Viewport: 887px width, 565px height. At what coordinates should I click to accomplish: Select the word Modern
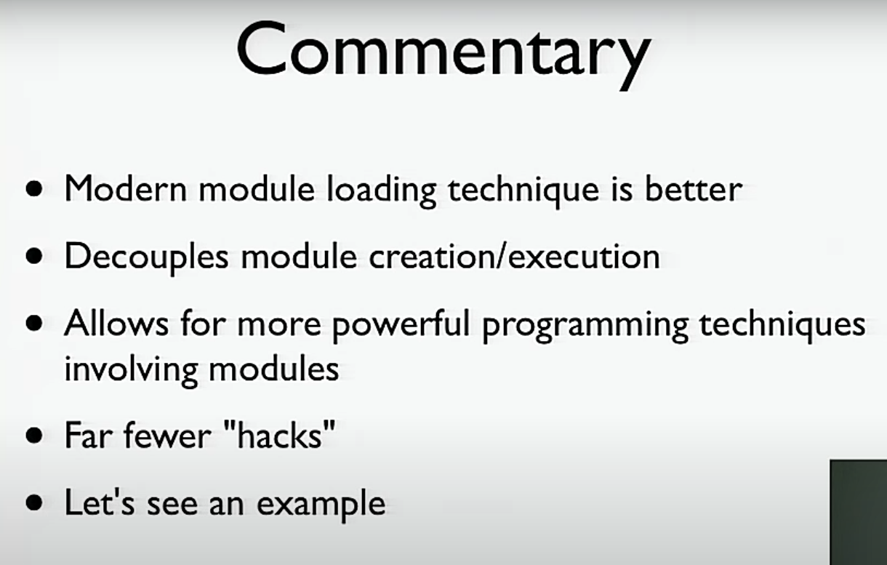[x=126, y=188]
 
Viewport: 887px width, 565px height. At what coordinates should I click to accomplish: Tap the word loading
[x=382, y=192]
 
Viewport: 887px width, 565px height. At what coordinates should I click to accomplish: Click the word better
[x=694, y=188]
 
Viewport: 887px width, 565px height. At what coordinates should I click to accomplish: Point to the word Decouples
[x=147, y=260]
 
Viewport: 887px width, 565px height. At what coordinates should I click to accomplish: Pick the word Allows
[x=116, y=323]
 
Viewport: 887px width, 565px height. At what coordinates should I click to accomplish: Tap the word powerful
[x=401, y=326]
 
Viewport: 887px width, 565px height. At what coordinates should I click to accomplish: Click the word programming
[x=585, y=327]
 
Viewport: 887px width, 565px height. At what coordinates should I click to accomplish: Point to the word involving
[x=131, y=372]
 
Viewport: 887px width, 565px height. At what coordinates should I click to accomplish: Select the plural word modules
[x=273, y=368]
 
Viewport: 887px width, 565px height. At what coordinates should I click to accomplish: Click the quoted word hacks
[x=280, y=435]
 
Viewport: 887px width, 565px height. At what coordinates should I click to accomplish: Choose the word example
[x=321, y=505]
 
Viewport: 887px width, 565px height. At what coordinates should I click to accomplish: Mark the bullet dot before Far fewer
[x=34, y=436]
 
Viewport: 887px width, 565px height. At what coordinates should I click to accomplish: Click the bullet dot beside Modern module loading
[x=34, y=188]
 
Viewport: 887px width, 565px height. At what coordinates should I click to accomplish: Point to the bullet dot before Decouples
[x=34, y=256]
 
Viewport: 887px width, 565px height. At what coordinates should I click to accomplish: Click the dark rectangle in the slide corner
[x=859, y=513]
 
